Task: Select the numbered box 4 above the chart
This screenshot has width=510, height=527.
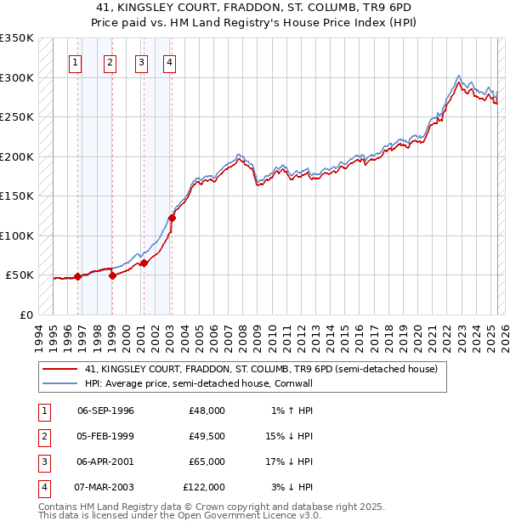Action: [170, 61]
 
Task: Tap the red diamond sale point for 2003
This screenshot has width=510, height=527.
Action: [172, 218]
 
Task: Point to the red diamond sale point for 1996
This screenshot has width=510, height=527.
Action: [77, 276]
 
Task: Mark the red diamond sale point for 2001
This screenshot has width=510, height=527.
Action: [144, 263]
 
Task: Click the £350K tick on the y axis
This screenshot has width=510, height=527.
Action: [18, 38]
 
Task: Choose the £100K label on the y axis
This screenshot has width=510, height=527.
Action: [18, 235]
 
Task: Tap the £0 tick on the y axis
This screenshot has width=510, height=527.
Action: [26, 314]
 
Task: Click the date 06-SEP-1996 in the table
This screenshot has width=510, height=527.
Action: [105, 411]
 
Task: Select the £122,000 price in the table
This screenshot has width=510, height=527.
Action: [204, 487]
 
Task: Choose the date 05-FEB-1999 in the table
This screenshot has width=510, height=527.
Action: [105, 436]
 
